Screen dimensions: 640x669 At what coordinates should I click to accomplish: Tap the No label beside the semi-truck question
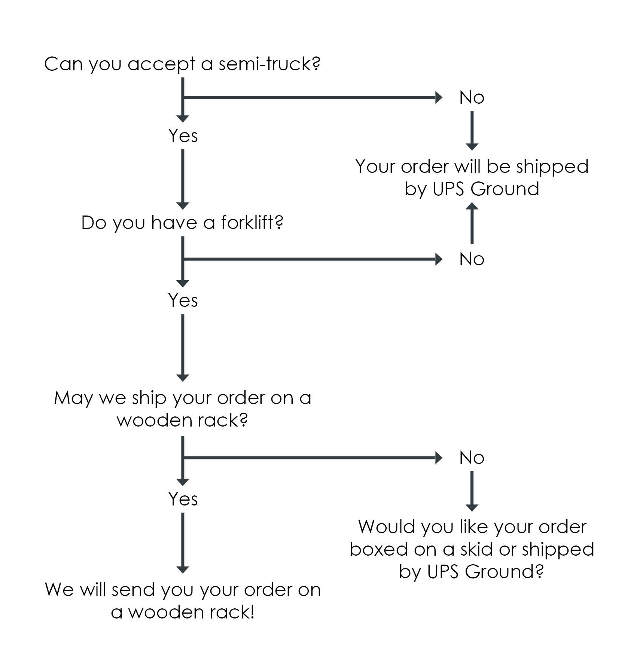[472, 98]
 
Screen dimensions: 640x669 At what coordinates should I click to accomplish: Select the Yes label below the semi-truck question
[183, 135]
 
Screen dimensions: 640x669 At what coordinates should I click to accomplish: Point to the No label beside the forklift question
[472, 259]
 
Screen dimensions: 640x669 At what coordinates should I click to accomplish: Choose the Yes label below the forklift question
[183, 300]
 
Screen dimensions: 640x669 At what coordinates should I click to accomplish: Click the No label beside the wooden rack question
[472, 458]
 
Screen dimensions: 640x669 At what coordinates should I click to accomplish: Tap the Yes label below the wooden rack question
[183, 499]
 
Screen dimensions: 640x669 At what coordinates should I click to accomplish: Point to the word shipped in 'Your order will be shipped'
[552, 167]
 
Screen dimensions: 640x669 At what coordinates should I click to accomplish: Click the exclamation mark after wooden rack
[252, 612]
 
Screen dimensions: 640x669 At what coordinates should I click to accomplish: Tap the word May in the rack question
[73, 398]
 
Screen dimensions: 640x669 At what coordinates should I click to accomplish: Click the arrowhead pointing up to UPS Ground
[472, 206]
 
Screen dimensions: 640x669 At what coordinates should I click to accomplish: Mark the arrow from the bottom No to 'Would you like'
[472, 491]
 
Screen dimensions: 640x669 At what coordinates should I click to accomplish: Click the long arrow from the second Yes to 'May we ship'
[183, 348]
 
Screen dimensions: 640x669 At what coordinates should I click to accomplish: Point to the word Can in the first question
[63, 64]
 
